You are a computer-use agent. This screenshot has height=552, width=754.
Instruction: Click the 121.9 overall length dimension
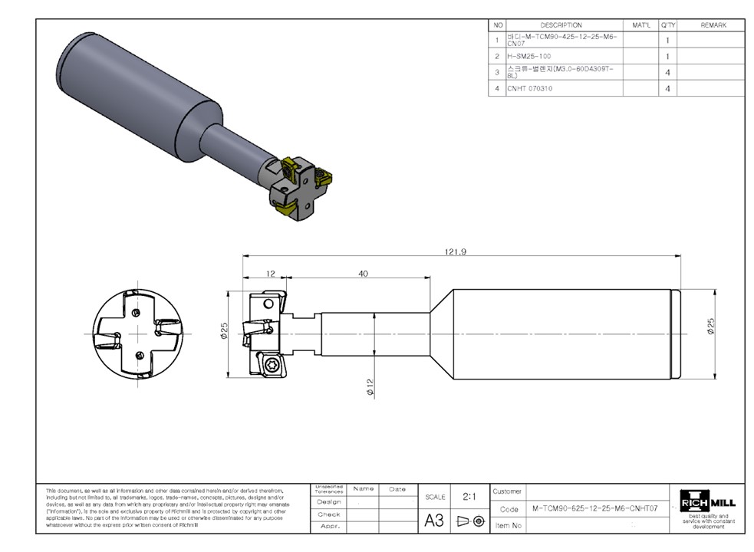coord(456,251)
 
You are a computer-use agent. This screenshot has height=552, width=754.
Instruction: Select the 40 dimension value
coord(363,274)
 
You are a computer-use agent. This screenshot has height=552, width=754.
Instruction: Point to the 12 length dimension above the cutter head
coord(271,274)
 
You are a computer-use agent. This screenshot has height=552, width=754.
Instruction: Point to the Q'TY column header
coord(667,25)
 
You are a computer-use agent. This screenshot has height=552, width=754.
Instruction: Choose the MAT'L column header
coord(640,25)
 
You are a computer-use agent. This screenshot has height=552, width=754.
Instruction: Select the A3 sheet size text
coord(434,521)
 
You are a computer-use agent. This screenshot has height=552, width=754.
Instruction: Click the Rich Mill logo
coord(708,503)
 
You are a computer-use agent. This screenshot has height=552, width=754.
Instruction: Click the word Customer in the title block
coord(507,491)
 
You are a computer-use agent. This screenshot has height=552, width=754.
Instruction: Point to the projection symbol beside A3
coord(470,521)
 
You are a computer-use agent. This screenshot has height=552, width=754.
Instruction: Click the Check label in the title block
coord(328,514)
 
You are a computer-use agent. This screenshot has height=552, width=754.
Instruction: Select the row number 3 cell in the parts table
coord(498,72)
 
